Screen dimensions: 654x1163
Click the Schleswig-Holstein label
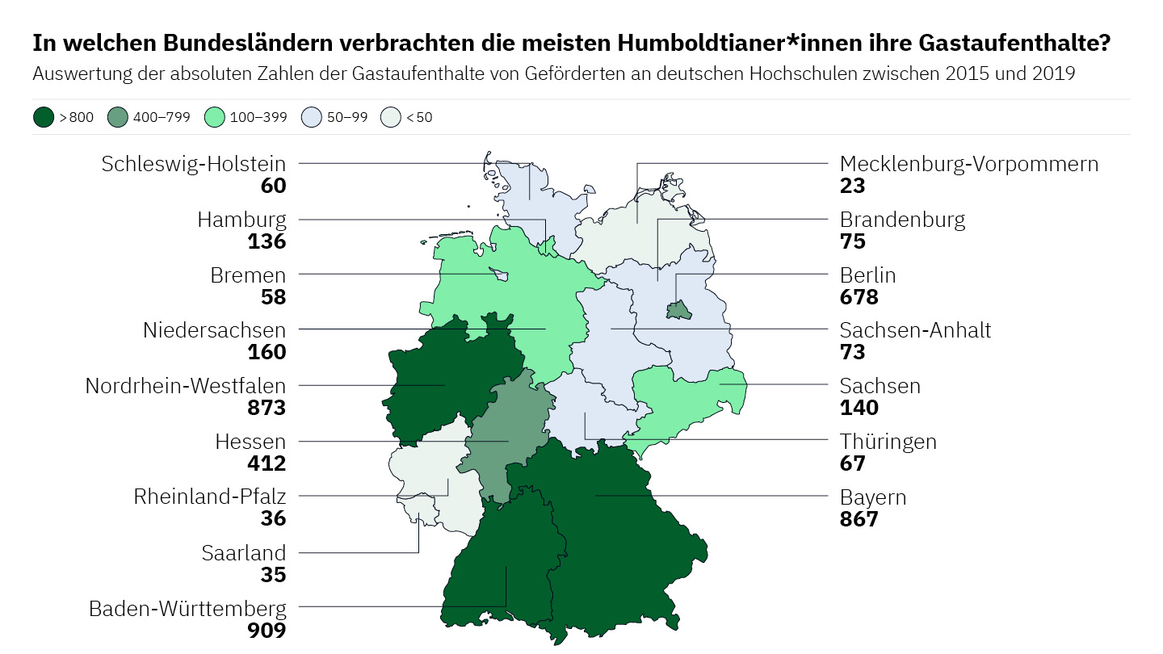(x=194, y=164)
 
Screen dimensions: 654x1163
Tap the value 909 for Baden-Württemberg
(x=267, y=630)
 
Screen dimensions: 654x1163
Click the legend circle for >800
(x=44, y=118)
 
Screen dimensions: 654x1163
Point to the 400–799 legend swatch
(x=117, y=118)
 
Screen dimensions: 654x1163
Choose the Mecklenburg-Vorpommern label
(x=969, y=164)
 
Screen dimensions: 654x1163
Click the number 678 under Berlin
(x=859, y=297)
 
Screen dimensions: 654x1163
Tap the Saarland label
(x=243, y=553)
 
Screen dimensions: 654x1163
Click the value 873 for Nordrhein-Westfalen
(x=267, y=408)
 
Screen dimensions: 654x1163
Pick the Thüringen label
(x=888, y=442)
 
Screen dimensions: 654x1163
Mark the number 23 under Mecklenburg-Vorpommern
(x=852, y=186)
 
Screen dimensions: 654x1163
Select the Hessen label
(x=250, y=442)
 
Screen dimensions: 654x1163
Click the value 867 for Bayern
(x=859, y=518)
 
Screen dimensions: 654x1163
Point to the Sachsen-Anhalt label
(x=915, y=330)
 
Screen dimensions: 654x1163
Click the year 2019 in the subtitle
(x=1054, y=74)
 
